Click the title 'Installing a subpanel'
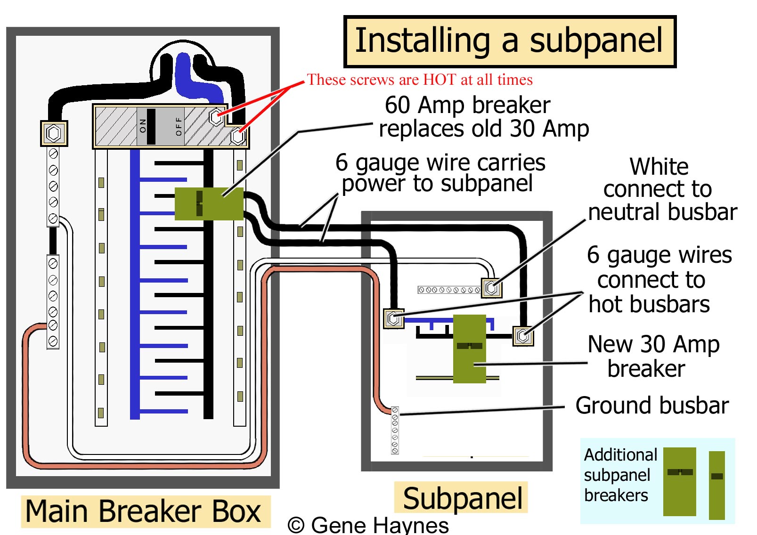pos(509,41)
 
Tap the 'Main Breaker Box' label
pos(144,511)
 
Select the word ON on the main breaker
pos(143,126)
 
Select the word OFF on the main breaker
pos(179,126)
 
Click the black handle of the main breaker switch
pos(151,126)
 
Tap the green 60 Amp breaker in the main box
pos(209,203)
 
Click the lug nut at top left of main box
pos(54,133)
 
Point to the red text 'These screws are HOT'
pos(419,80)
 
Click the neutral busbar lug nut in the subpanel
pos(491,287)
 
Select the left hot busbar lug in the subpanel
pos(394,318)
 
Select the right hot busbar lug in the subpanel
pos(523,336)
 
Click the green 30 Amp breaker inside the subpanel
pos(469,349)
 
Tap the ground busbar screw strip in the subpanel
pos(395,430)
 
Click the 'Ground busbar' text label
pos(651,405)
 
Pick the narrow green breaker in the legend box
pos(716,485)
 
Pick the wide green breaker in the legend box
pos(679,481)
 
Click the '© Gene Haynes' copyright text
pos(368,525)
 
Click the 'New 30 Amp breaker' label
pos(652,356)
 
